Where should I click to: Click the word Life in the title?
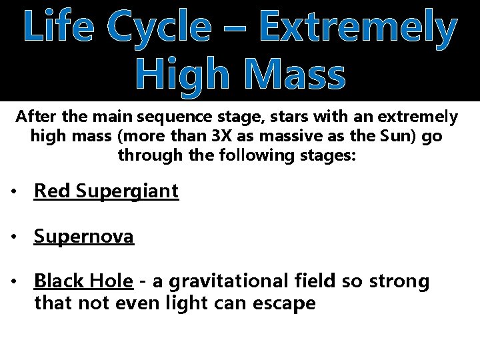[x=62, y=28]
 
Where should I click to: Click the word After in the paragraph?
[x=36, y=118]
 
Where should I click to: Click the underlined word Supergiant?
[x=127, y=192]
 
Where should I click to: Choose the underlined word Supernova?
[x=84, y=237]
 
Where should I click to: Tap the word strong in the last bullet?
[x=399, y=281]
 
